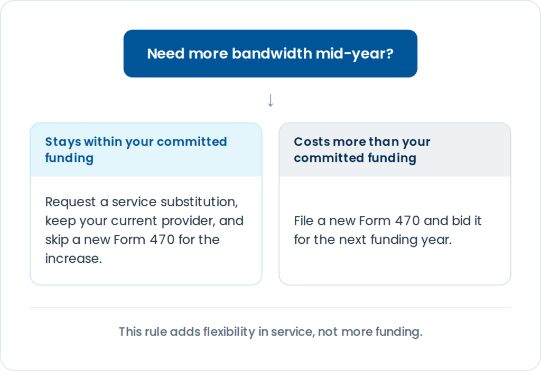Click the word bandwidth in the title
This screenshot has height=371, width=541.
pyautogui.click(x=272, y=53)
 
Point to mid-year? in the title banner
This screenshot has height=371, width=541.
pyautogui.click(x=355, y=54)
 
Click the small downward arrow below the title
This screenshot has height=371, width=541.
pyautogui.click(x=270, y=100)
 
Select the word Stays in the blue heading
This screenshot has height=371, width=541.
pyautogui.click(x=63, y=142)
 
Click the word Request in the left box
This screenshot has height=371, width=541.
pyautogui.click(x=70, y=202)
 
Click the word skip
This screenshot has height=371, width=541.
pyautogui.click(x=57, y=240)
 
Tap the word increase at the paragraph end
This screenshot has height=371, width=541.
pyautogui.click(x=73, y=259)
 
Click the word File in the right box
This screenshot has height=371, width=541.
pyautogui.click(x=304, y=221)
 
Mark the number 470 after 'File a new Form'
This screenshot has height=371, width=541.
pyautogui.click(x=407, y=221)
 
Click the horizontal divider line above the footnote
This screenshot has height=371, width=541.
pyautogui.click(x=270, y=307)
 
